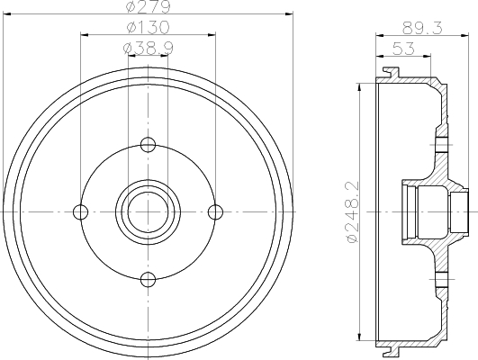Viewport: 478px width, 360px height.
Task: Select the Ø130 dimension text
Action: pyautogui.click(x=148, y=28)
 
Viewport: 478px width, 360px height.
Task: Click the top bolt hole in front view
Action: pyautogui.click(x=149, y=144)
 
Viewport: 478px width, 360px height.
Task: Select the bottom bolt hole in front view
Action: pyautogui.click(x=149, y=277)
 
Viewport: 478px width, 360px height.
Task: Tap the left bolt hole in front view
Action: pyautogui.click(x=81, y=211)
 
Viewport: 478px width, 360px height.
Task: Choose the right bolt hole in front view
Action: pyautogui.click(x=215, y=211)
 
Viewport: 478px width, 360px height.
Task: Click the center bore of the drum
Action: pyautogui.click(x=149, y=211)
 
